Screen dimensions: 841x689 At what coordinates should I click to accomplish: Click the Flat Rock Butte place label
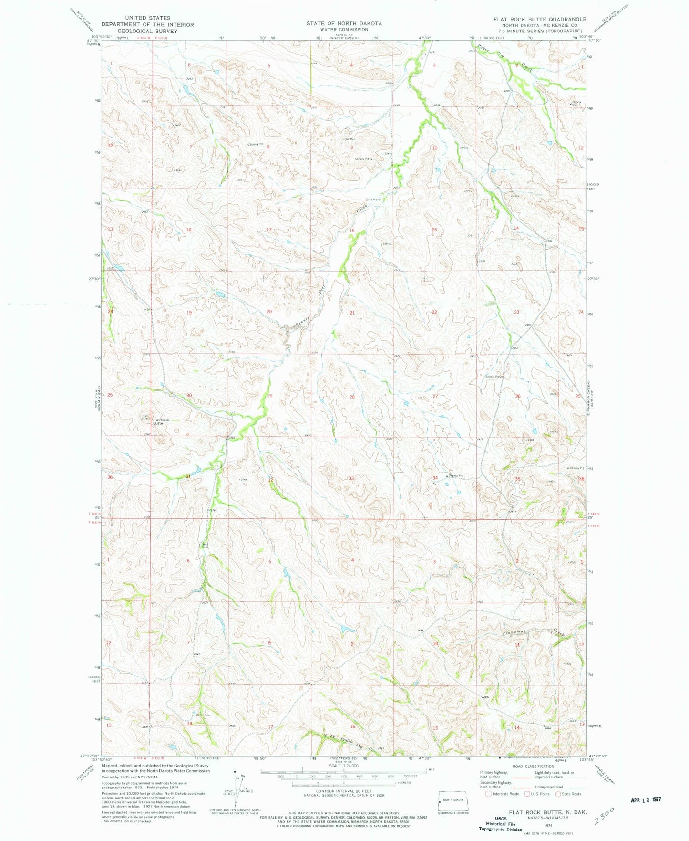(161, 421)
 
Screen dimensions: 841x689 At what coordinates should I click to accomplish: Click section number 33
(351, 478)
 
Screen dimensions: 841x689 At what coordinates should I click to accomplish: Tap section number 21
(352, 313)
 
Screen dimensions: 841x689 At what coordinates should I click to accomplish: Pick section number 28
(352, 397)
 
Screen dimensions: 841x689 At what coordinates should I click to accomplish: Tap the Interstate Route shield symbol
(488, 794)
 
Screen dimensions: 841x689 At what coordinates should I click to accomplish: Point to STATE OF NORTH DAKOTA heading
(344, 23)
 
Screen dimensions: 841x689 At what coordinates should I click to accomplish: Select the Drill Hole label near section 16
(373, 200)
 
